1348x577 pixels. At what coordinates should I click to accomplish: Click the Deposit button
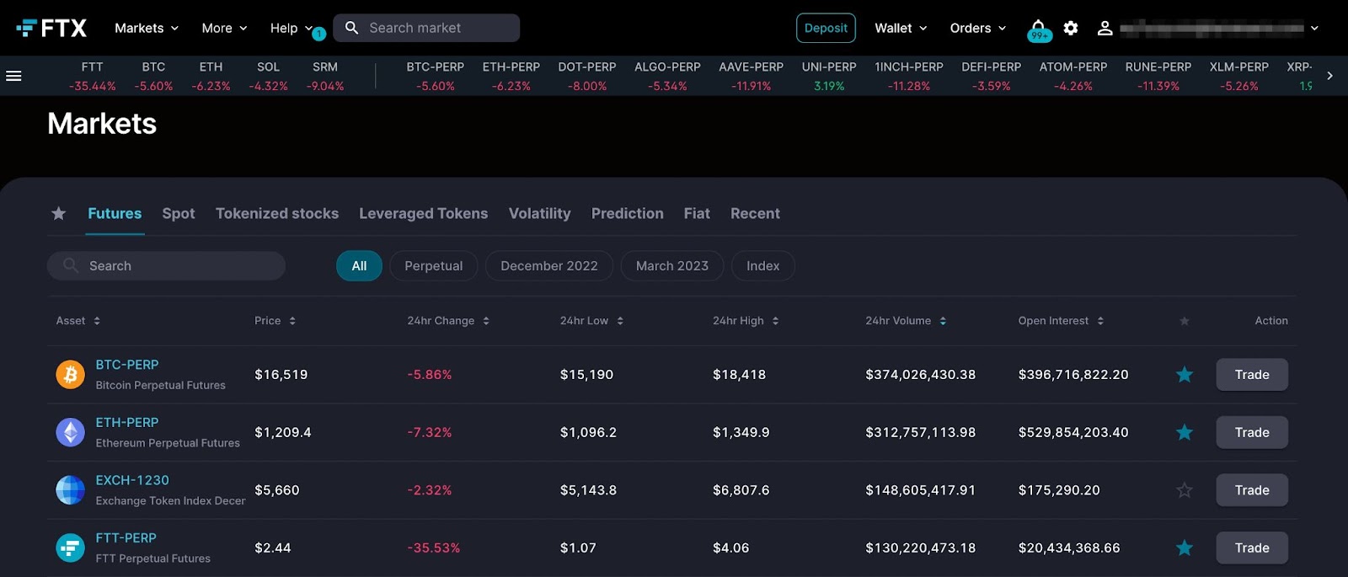826,28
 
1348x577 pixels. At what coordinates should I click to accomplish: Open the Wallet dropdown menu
900,28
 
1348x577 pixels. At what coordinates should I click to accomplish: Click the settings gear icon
1071,28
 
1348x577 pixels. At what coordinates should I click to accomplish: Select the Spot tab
179,214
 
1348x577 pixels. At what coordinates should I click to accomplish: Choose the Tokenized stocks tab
277,214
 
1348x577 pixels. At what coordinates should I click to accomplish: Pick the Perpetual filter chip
433,266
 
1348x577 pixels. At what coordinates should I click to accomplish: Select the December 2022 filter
548,266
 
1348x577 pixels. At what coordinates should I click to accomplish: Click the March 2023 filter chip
671,266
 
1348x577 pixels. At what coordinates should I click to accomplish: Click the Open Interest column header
1053,321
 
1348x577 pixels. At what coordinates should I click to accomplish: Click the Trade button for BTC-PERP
1251,375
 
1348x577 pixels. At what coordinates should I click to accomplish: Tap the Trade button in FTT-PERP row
1251,548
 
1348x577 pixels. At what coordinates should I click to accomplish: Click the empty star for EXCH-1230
1185,490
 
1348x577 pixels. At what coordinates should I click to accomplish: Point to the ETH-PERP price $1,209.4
283,433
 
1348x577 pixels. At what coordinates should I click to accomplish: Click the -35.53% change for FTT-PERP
433,548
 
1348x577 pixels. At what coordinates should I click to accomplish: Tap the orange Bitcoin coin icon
71,375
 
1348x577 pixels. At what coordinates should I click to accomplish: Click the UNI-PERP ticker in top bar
829,76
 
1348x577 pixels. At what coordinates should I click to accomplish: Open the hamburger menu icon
13,76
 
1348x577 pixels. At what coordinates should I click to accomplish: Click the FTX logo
51,28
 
